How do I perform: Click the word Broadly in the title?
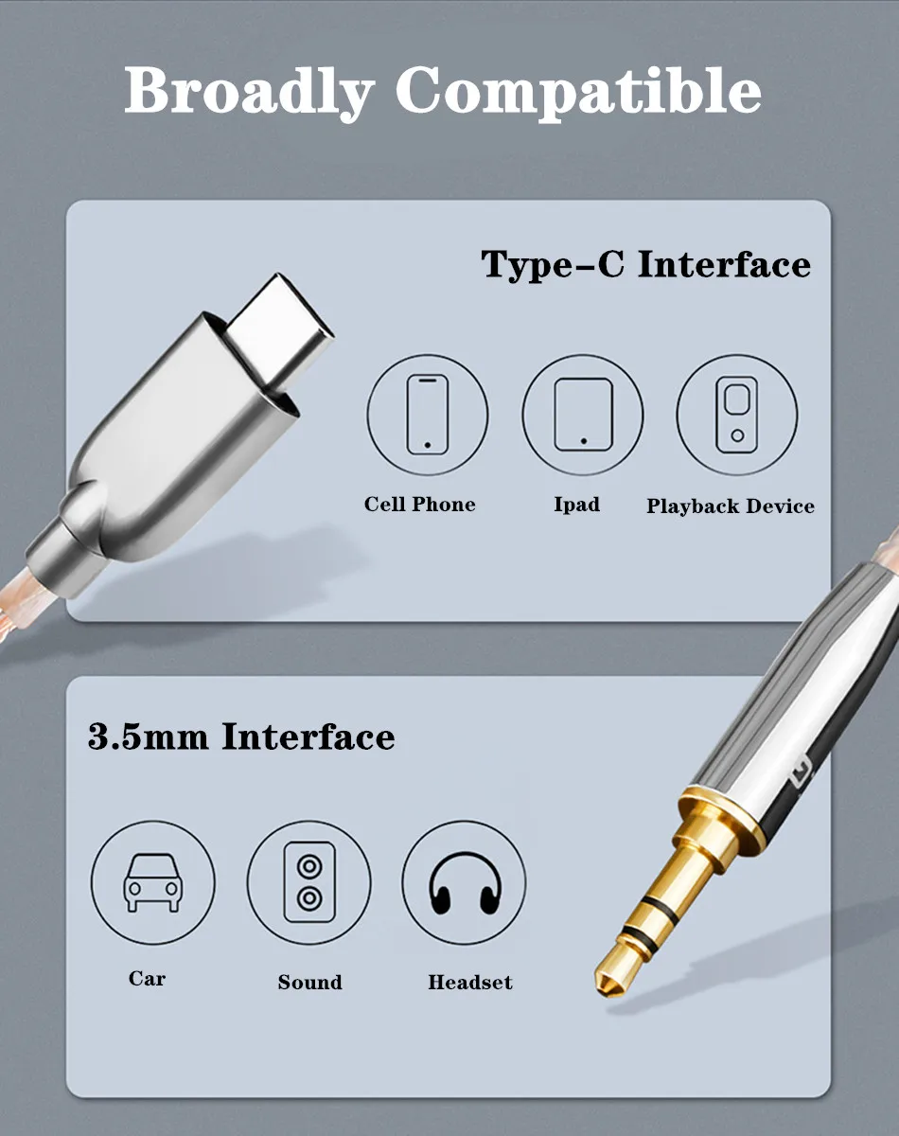tap(249, 91)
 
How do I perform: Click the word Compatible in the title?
tap(578, 91)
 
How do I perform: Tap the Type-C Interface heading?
tap(645, 264)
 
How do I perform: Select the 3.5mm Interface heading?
tap(241, 736)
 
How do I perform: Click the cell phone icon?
tap(428, 415)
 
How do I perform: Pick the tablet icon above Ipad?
tap(583, 415)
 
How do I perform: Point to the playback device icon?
tap(737, 415)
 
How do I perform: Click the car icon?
tap(152, 882)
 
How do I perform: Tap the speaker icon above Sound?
tap(309, 882)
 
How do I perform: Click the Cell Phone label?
tap(419, 505)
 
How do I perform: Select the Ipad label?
tap(577, 505)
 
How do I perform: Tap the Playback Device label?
tap(731, 506)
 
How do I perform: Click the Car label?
tap(147, 978)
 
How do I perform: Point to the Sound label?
tap(309, 982)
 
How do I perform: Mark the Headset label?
tap(469, 982)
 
